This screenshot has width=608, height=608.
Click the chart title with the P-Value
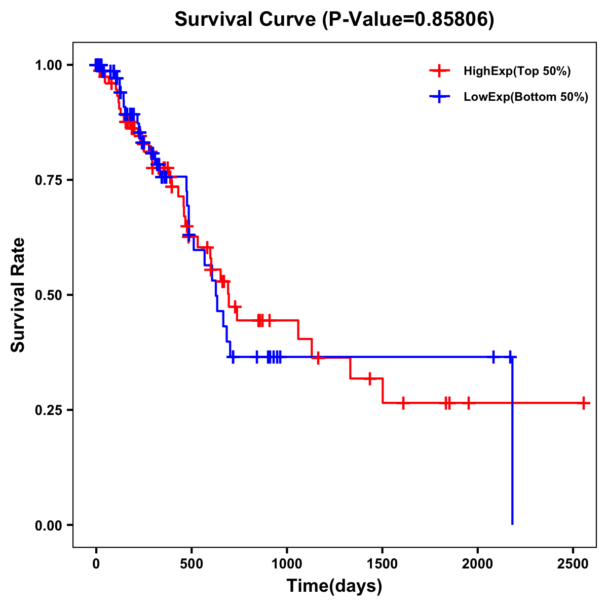(x=334, y=20)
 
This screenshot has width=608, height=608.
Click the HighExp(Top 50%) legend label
(x=517, y=71)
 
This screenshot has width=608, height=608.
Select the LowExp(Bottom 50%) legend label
(x=525, y=97)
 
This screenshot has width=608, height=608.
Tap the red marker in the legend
(x=439, y=71)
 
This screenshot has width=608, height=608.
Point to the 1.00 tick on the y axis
(x=48, y=65)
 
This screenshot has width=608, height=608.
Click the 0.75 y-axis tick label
(x=48, y=180)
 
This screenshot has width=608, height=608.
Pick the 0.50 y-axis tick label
(x=48, y=295)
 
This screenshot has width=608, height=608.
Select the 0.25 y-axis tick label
(x=48, y=410)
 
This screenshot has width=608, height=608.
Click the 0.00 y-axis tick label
(x=48, y=525)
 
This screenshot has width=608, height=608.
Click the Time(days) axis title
(x=334, y=586)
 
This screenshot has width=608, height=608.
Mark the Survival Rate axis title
(x=18, y=295)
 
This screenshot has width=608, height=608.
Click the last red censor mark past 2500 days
(x=584, y=403)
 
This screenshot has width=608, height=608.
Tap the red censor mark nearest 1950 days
(x=468, y=403)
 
